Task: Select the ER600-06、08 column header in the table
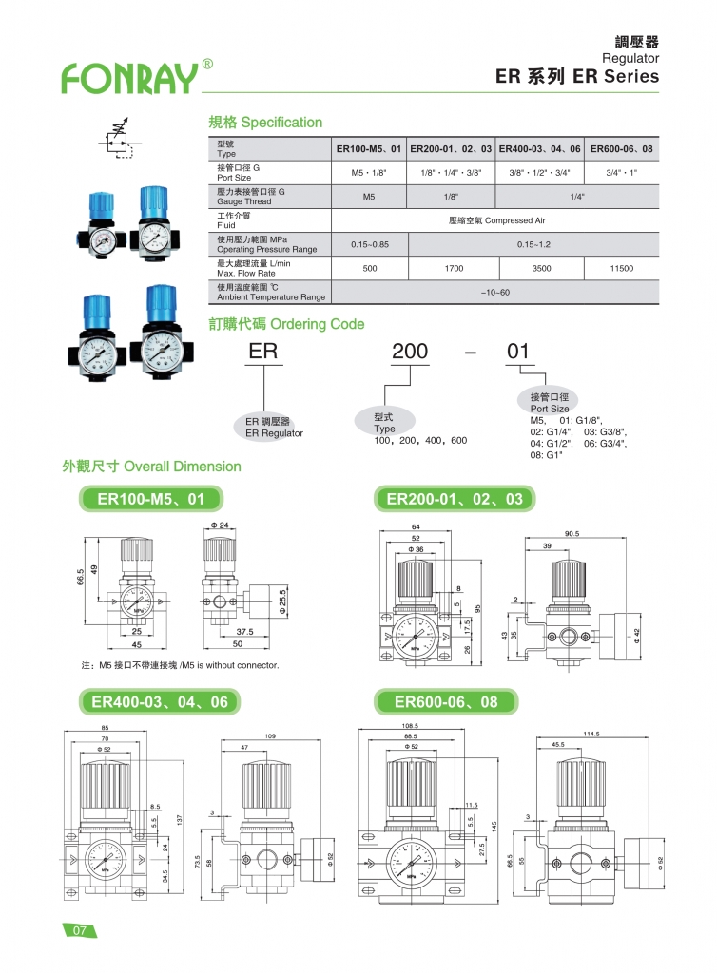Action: [621, 149]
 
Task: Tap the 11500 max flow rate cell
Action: [621, 269]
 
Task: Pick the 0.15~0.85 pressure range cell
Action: [369, 245]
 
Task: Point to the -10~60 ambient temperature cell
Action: [495, 292]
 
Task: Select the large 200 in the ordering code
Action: [410, 353]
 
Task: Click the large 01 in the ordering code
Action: [517, 353]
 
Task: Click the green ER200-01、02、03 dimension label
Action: [455, 498]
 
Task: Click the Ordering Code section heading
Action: [286, 324]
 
